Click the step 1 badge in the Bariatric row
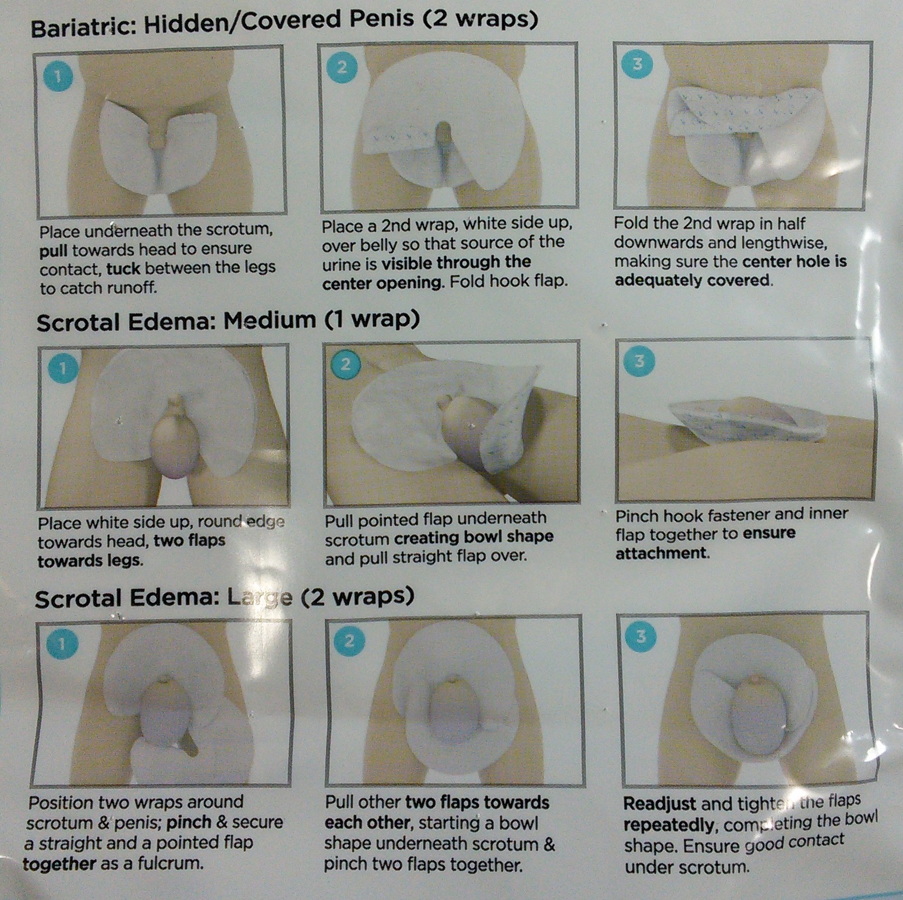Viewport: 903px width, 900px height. click(x=58, y=76)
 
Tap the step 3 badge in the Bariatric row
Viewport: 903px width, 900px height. click(x=638, y=63)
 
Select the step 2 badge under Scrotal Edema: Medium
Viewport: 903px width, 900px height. click(x=345, y=365)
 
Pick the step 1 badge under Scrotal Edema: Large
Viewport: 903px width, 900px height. click(x=61, y=643)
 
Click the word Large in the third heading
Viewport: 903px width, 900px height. click(x=260, y=598)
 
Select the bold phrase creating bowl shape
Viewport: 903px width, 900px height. click(x=474, y=538)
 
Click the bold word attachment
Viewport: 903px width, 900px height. click(x=661, y=553)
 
